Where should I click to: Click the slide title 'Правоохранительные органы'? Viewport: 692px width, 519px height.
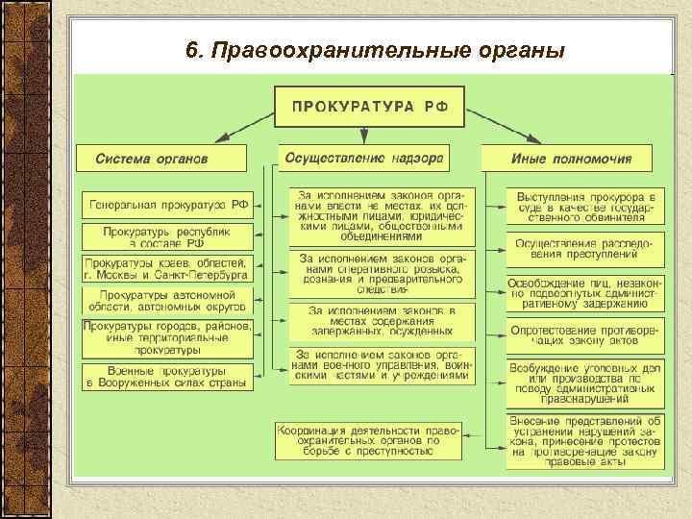pos(375,50)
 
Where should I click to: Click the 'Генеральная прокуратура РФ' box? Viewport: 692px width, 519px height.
pos(168,205)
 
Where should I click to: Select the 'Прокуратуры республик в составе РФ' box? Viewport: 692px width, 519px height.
pos(168,235)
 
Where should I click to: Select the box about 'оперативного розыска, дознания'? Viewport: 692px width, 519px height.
pos(382,273)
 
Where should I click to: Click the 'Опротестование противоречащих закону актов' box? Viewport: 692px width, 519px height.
pos(584,334)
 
